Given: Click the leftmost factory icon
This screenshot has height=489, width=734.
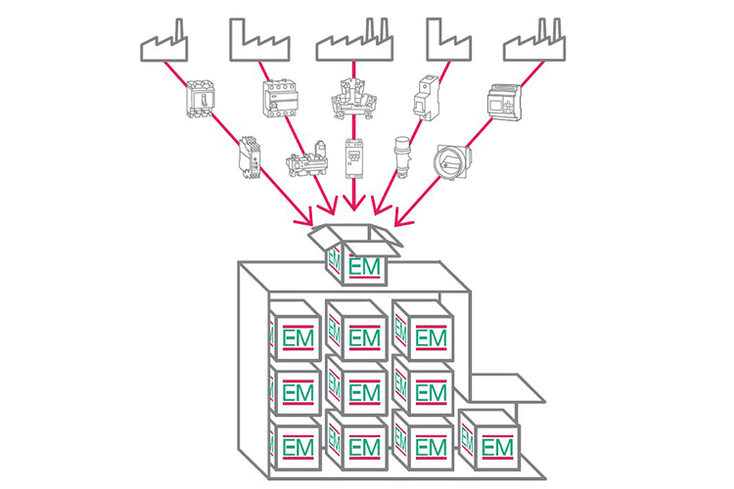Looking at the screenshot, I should coord(162,44).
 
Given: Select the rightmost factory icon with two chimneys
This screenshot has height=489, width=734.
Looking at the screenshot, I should coord(534,41).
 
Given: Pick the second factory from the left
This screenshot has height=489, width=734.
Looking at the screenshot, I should coord(258,41).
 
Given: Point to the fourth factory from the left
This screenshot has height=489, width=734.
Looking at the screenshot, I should coord(450,41).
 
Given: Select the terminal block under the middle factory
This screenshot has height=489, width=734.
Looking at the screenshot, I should coord(353,98).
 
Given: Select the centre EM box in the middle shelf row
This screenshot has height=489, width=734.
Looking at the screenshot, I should coord(356,390).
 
